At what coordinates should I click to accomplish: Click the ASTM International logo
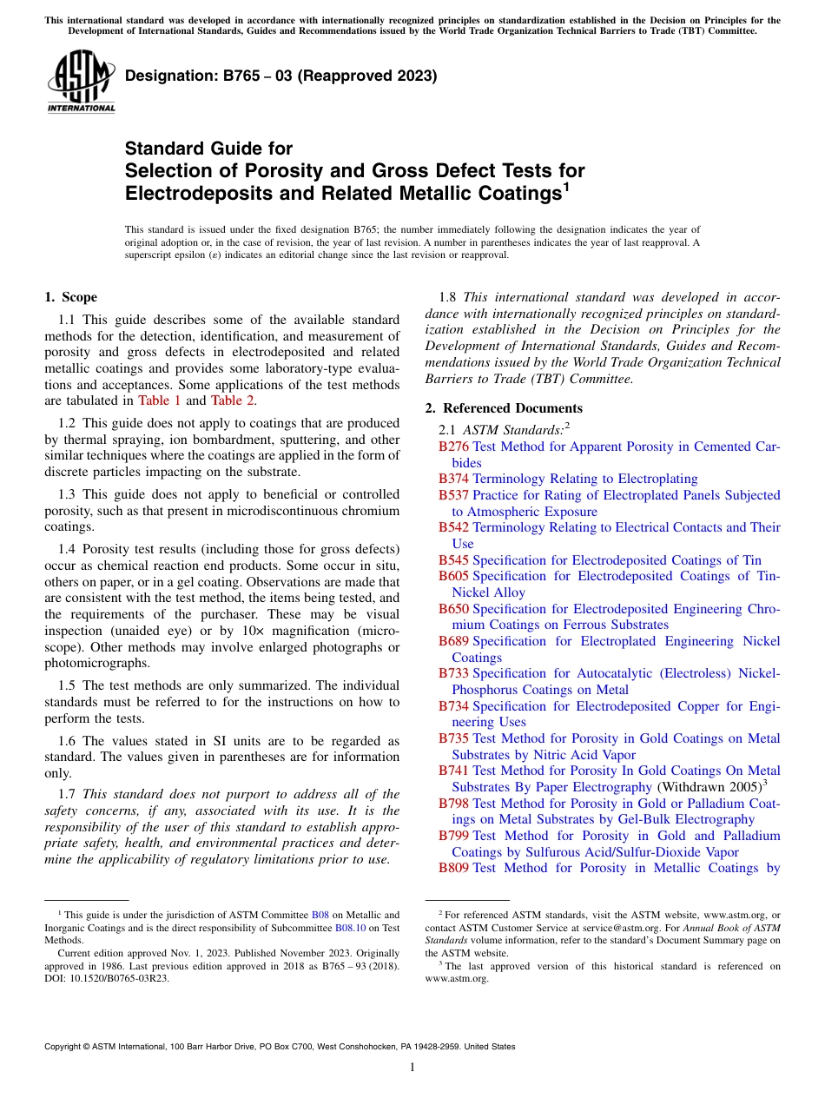pos(81,82)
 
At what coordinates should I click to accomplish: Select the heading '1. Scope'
pos(70,297)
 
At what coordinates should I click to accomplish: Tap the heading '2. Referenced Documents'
pos(504,408)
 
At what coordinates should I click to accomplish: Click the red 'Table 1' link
pos(160,400)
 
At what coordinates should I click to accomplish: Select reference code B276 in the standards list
pos(453,447)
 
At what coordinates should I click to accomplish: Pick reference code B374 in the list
pos(453,479)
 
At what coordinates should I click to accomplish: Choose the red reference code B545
pos(453,560)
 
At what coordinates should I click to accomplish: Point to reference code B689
pos(453,641)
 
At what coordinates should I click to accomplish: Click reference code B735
pos(453,738)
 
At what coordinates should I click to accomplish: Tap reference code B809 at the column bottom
pos(453,868)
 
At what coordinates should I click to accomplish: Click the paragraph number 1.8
pos(447,297)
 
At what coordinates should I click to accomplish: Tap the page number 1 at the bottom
pos(412,1067)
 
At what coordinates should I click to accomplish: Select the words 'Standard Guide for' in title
pos(208,149)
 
